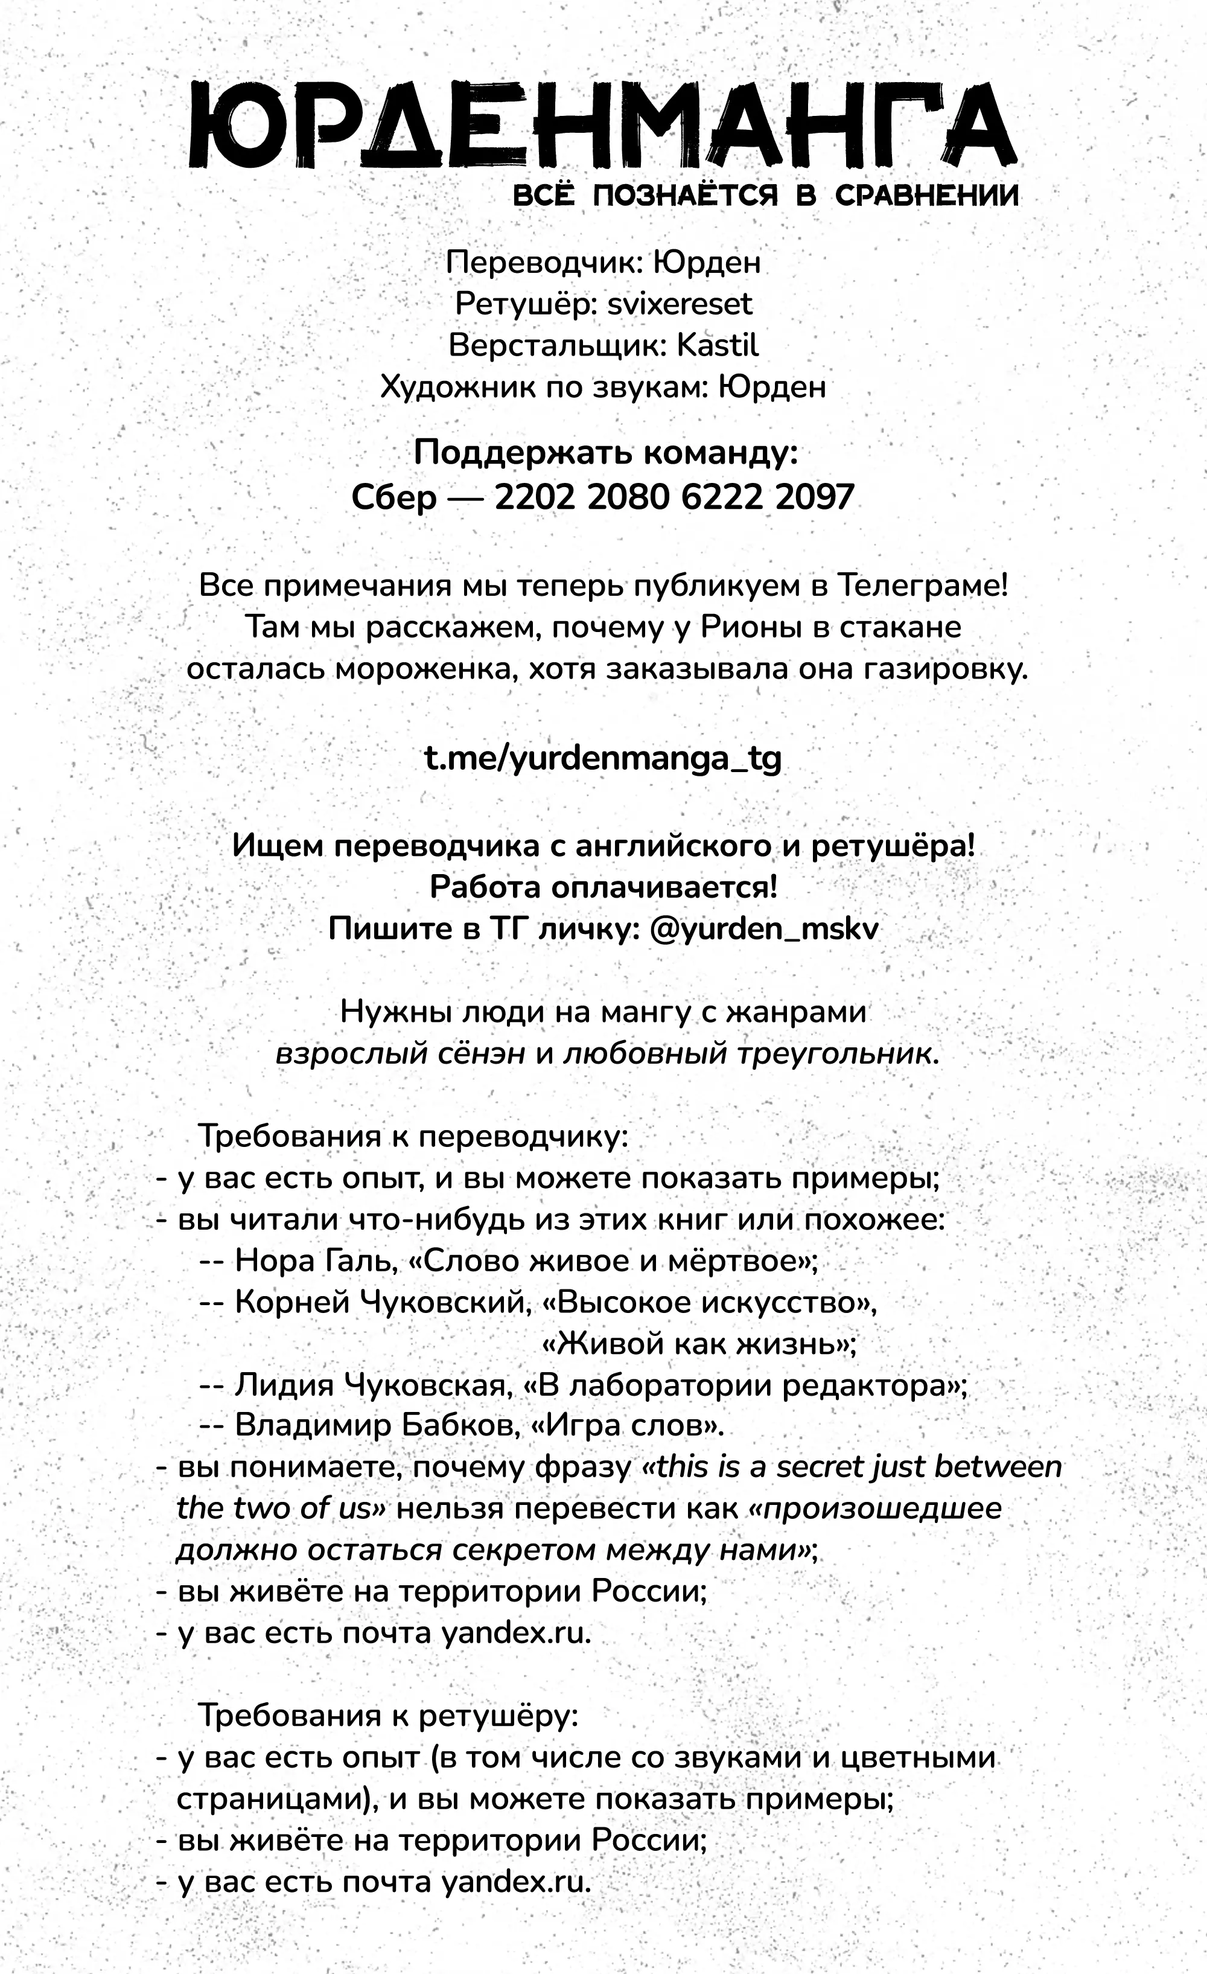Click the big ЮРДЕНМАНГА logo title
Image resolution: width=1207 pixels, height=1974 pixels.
[x=603, y=127]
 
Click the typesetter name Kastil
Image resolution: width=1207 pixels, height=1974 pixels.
[x=717, y=346]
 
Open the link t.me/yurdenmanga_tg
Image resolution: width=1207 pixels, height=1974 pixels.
[x=602, y=758]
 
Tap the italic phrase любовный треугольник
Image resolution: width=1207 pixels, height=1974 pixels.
[x=750, y=1053]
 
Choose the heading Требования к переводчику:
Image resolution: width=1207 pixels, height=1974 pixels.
[x=412, y=1137]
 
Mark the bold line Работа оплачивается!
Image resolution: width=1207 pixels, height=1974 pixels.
[x=603, y=887]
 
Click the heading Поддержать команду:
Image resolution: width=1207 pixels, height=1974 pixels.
[x=605, y=453]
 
